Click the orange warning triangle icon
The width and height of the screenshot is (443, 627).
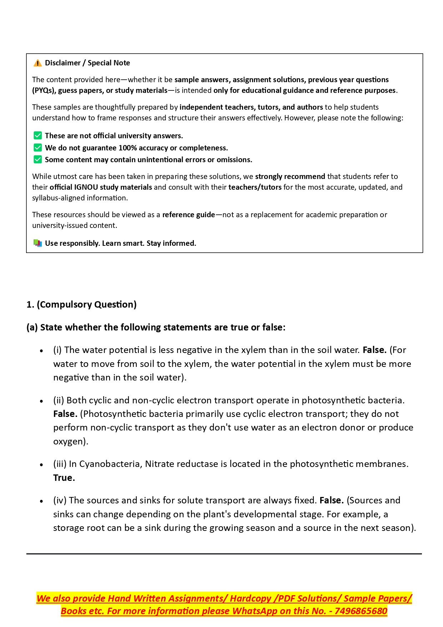point(37,63)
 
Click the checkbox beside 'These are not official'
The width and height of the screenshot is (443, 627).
point(37,135)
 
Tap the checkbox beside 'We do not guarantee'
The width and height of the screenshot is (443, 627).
point(37,148)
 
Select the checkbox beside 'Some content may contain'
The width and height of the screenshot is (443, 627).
point(37,159)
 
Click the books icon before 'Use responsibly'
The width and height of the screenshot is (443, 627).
point(37,243)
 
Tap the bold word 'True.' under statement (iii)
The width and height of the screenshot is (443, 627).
point(64,478)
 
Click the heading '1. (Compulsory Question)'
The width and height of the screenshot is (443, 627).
point(81,304)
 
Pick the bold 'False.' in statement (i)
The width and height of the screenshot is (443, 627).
point(374,350)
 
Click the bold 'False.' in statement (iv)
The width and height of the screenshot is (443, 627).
point(331,500)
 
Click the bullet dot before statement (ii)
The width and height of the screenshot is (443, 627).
point(42,401)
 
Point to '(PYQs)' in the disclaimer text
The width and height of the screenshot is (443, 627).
point(44,90)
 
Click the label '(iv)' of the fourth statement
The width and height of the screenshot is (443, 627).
point(60,500)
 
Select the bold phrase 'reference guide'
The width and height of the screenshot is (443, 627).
point(188,215)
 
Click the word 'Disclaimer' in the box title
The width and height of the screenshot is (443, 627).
point(63,63)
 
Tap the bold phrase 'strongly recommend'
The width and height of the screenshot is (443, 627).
point(290,176)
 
